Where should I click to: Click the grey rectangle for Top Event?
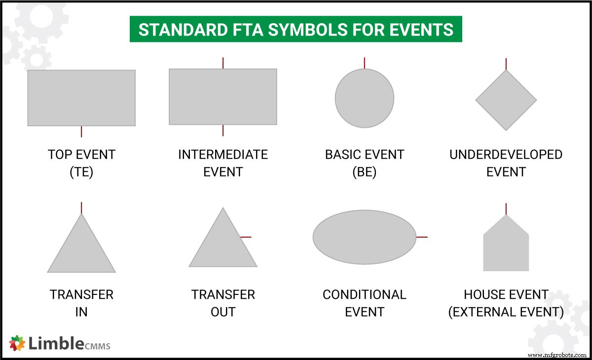pyautogui.click(x=81, y=98)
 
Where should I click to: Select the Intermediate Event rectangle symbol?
pyautogui.click(x=223, y=97)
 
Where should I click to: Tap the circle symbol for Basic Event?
pyautogui.click(x=365, y=98)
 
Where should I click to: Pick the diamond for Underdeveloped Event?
pyautogui.click(x=506, y=100)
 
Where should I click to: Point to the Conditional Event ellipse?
pyautogui.click(x=365, y=237)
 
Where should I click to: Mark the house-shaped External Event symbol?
pyautogui.click(x=506, y=247)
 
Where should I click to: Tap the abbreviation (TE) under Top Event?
pyautogui.click(x=81, y=172)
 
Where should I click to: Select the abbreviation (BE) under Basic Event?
pyautogui.click(x=365, y=172)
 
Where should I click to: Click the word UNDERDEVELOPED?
pyautogui.click(x=506, y=154)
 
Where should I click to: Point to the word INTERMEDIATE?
pyautogui.click(x=223, y=154)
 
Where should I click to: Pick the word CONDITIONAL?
pyautogui.click(x=365, y=294)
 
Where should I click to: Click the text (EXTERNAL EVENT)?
pyautogui.click(x=506, y=312)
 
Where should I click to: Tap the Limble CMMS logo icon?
pyautogui.click(x=17, y=343)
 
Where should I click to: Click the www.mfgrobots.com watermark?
pyautogui.click(x=557, y=355)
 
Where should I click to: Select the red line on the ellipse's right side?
pyautogui.click(x=422, y=237)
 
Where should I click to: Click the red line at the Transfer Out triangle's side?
pyautogui.click(x=246, y=237)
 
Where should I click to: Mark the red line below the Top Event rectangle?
pyautogui.click(x=81, y=132)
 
